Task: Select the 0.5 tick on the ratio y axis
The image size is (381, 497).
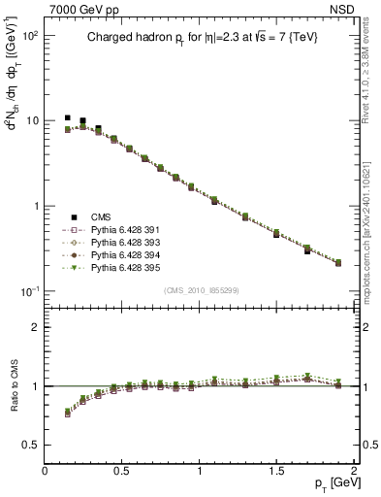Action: pyautogui.click(x=32, y=445)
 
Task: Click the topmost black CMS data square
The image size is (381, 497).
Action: pyautogui.click(x=67, y=117)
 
